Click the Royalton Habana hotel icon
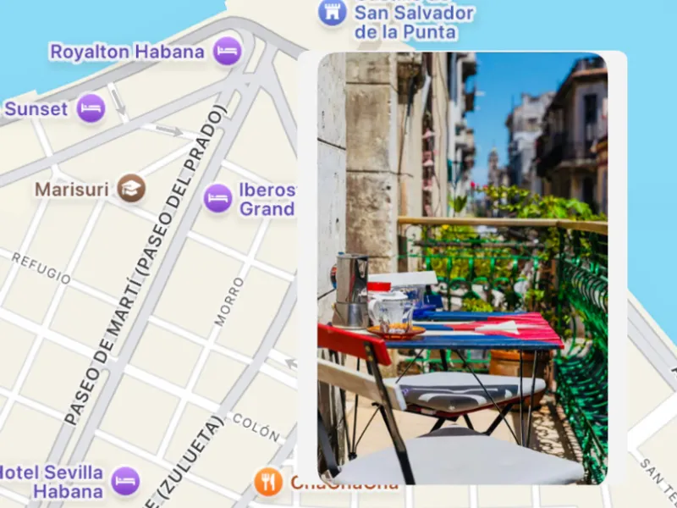coord(227,51)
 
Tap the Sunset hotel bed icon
coord(91,108)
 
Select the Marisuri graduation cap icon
coord(131,187)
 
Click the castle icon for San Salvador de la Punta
coord(332,12)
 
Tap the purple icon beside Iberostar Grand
coord(217,198)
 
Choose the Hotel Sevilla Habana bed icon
coord(125,480)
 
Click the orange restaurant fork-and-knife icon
coord(267,482)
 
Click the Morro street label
coord(228,301)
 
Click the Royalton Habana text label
coord(127,52)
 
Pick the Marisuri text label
coord(71,188)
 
